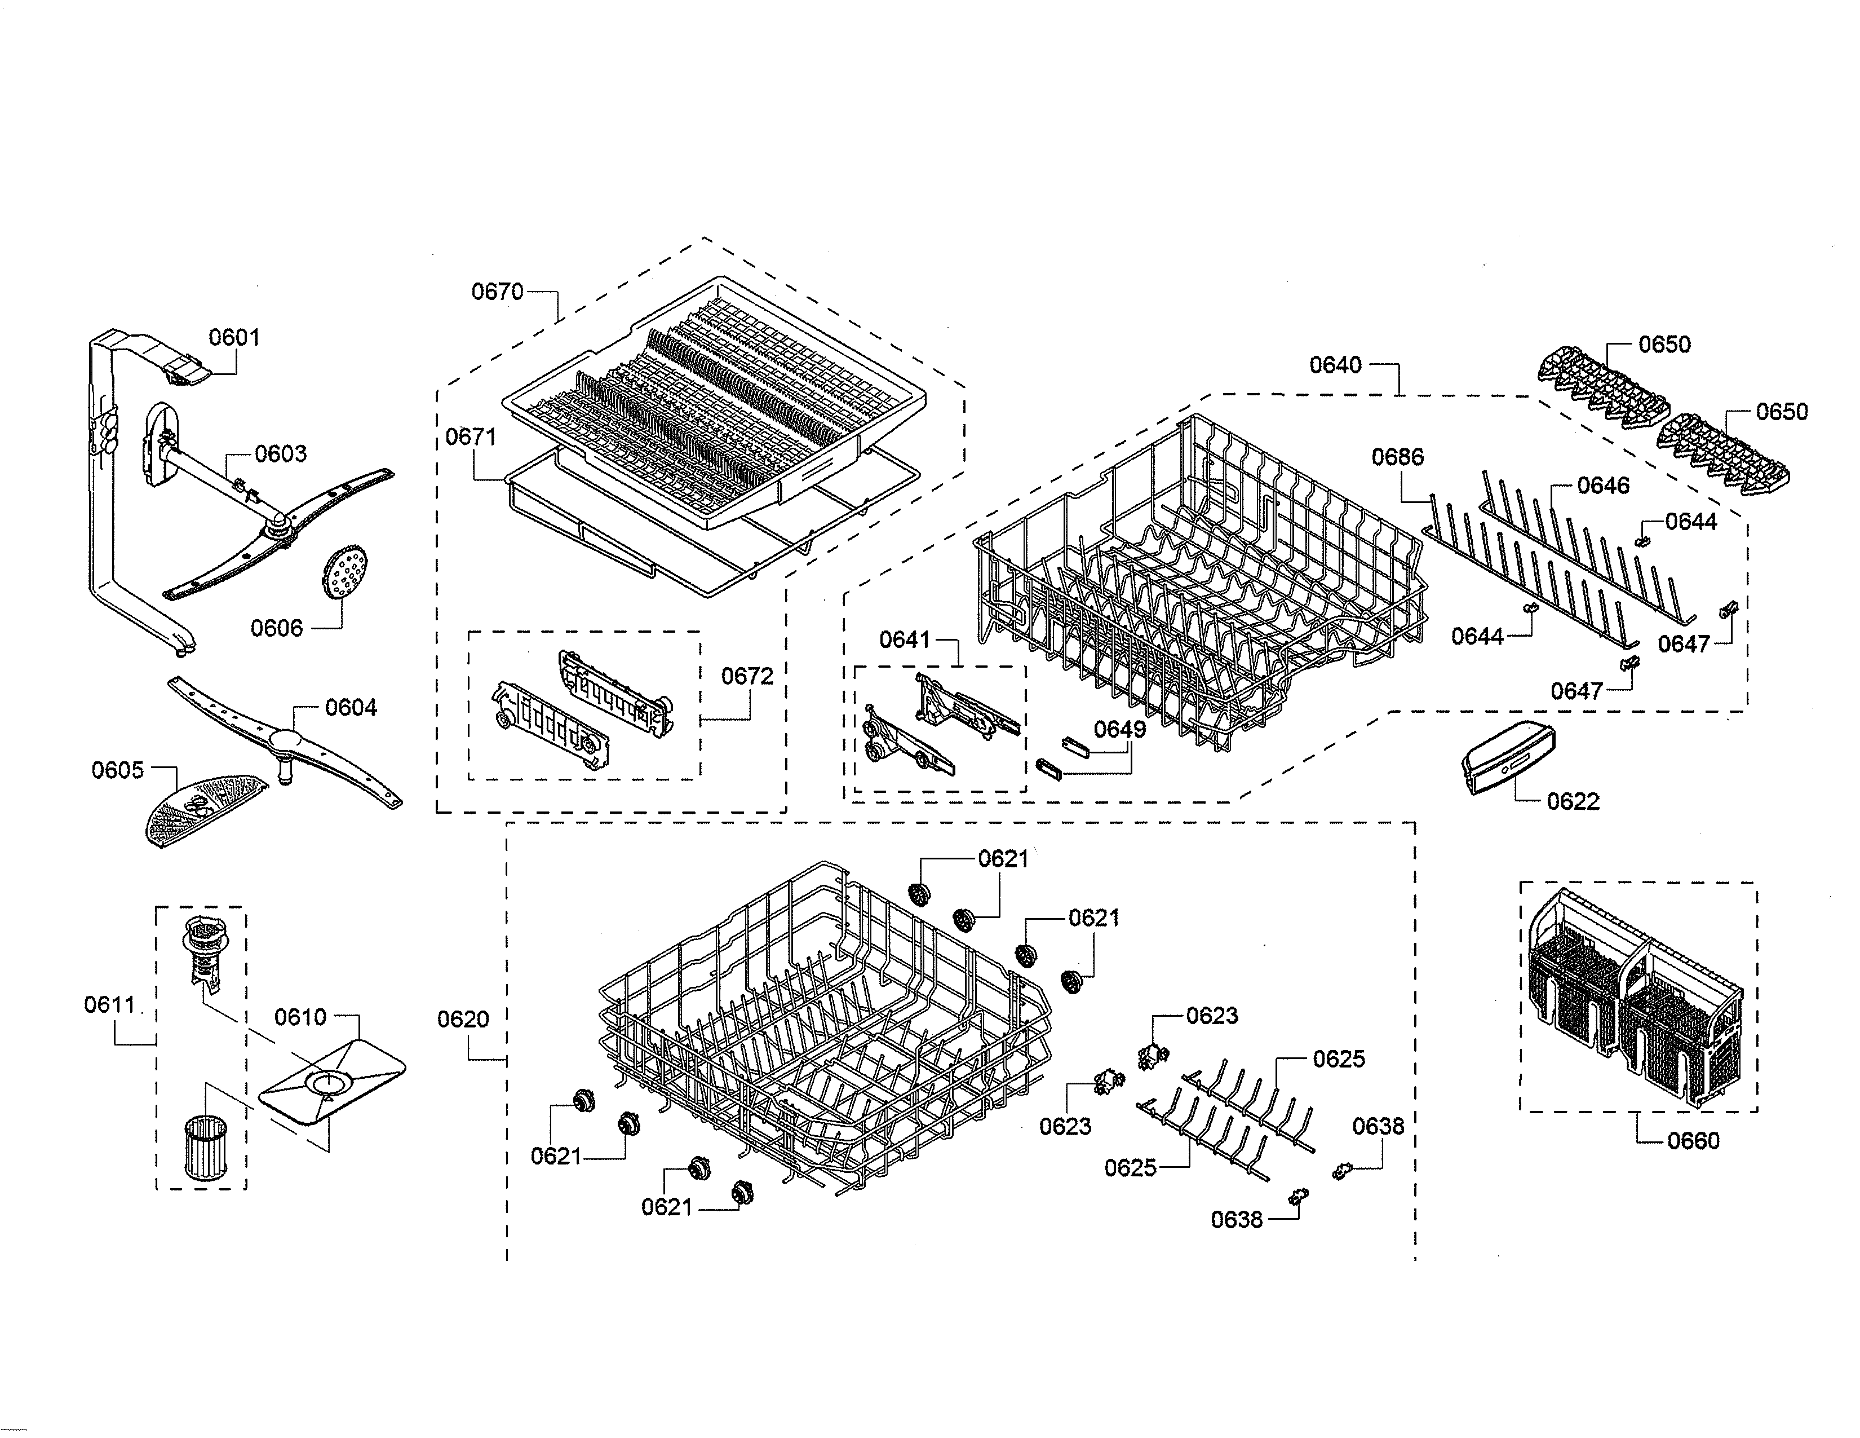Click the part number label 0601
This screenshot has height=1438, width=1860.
pos(234,337)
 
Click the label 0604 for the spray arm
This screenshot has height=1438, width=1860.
pos(351,707)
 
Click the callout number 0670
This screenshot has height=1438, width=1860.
pos(497,292)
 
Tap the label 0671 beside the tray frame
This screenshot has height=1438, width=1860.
pos(471,437)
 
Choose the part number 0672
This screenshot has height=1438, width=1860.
pos(747,676)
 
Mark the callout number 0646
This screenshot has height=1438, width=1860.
pos(1603,486)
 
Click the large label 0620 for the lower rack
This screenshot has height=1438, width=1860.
pos(463,1019)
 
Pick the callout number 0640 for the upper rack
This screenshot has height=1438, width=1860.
pos(1335,365)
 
